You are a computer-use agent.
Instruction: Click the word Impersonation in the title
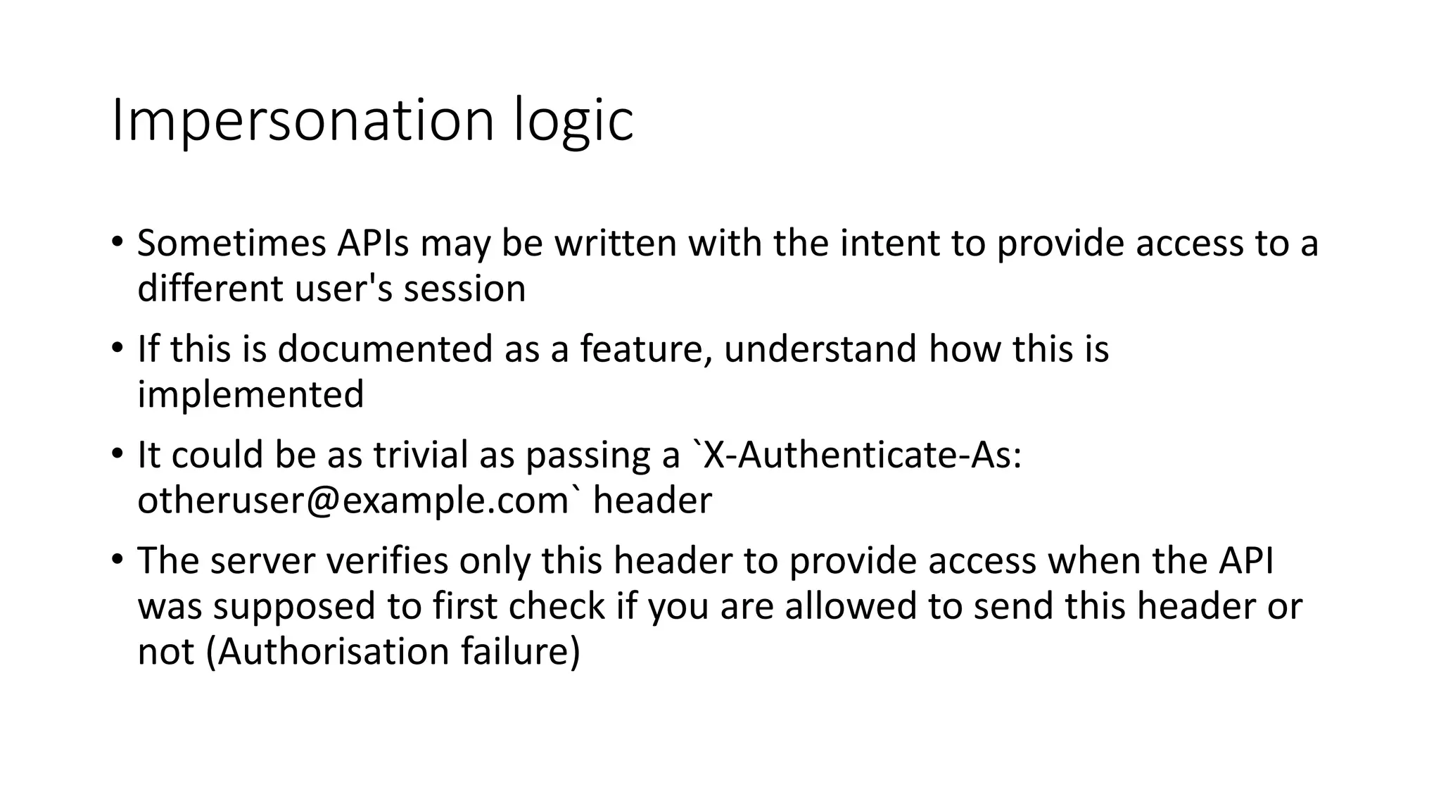click(303, 121)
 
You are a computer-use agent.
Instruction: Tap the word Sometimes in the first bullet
click(231, 244)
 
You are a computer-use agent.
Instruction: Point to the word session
click(464, 289)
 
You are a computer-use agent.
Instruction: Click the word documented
click(385, 349)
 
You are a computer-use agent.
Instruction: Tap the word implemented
click(250, 394)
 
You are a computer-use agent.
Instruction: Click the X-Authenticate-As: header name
click(863, 455)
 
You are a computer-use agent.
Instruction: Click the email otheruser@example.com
click(353, 501)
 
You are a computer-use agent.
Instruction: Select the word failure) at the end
click(521, 651)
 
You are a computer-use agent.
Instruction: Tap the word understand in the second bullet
click(820, 349)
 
